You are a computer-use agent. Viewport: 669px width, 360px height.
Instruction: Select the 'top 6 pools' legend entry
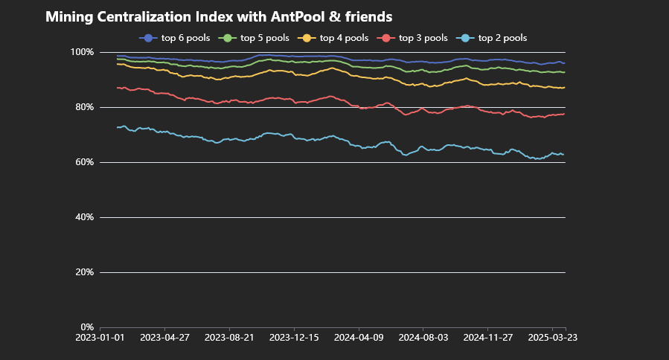175,37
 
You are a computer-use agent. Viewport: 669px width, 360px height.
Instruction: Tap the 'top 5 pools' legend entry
254,37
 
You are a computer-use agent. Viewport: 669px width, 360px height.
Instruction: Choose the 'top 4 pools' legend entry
333,37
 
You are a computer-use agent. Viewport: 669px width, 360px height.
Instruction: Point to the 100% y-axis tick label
82,52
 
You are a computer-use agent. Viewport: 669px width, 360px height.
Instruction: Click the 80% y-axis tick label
84,107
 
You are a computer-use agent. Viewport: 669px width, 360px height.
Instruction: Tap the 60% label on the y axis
84,162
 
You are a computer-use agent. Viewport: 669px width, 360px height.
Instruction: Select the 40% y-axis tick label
84,217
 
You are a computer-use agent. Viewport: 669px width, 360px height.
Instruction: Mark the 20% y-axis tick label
84,272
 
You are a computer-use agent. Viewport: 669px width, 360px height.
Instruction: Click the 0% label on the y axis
86,327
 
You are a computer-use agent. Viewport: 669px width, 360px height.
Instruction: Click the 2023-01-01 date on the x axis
100,337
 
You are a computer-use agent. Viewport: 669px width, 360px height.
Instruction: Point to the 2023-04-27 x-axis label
164,337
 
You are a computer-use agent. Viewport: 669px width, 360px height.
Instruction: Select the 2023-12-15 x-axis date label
294,337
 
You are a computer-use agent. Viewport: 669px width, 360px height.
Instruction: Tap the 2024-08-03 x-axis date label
423,337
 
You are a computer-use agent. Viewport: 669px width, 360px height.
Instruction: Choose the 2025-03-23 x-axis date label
553,337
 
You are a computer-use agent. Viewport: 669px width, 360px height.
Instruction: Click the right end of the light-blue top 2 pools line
564,155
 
